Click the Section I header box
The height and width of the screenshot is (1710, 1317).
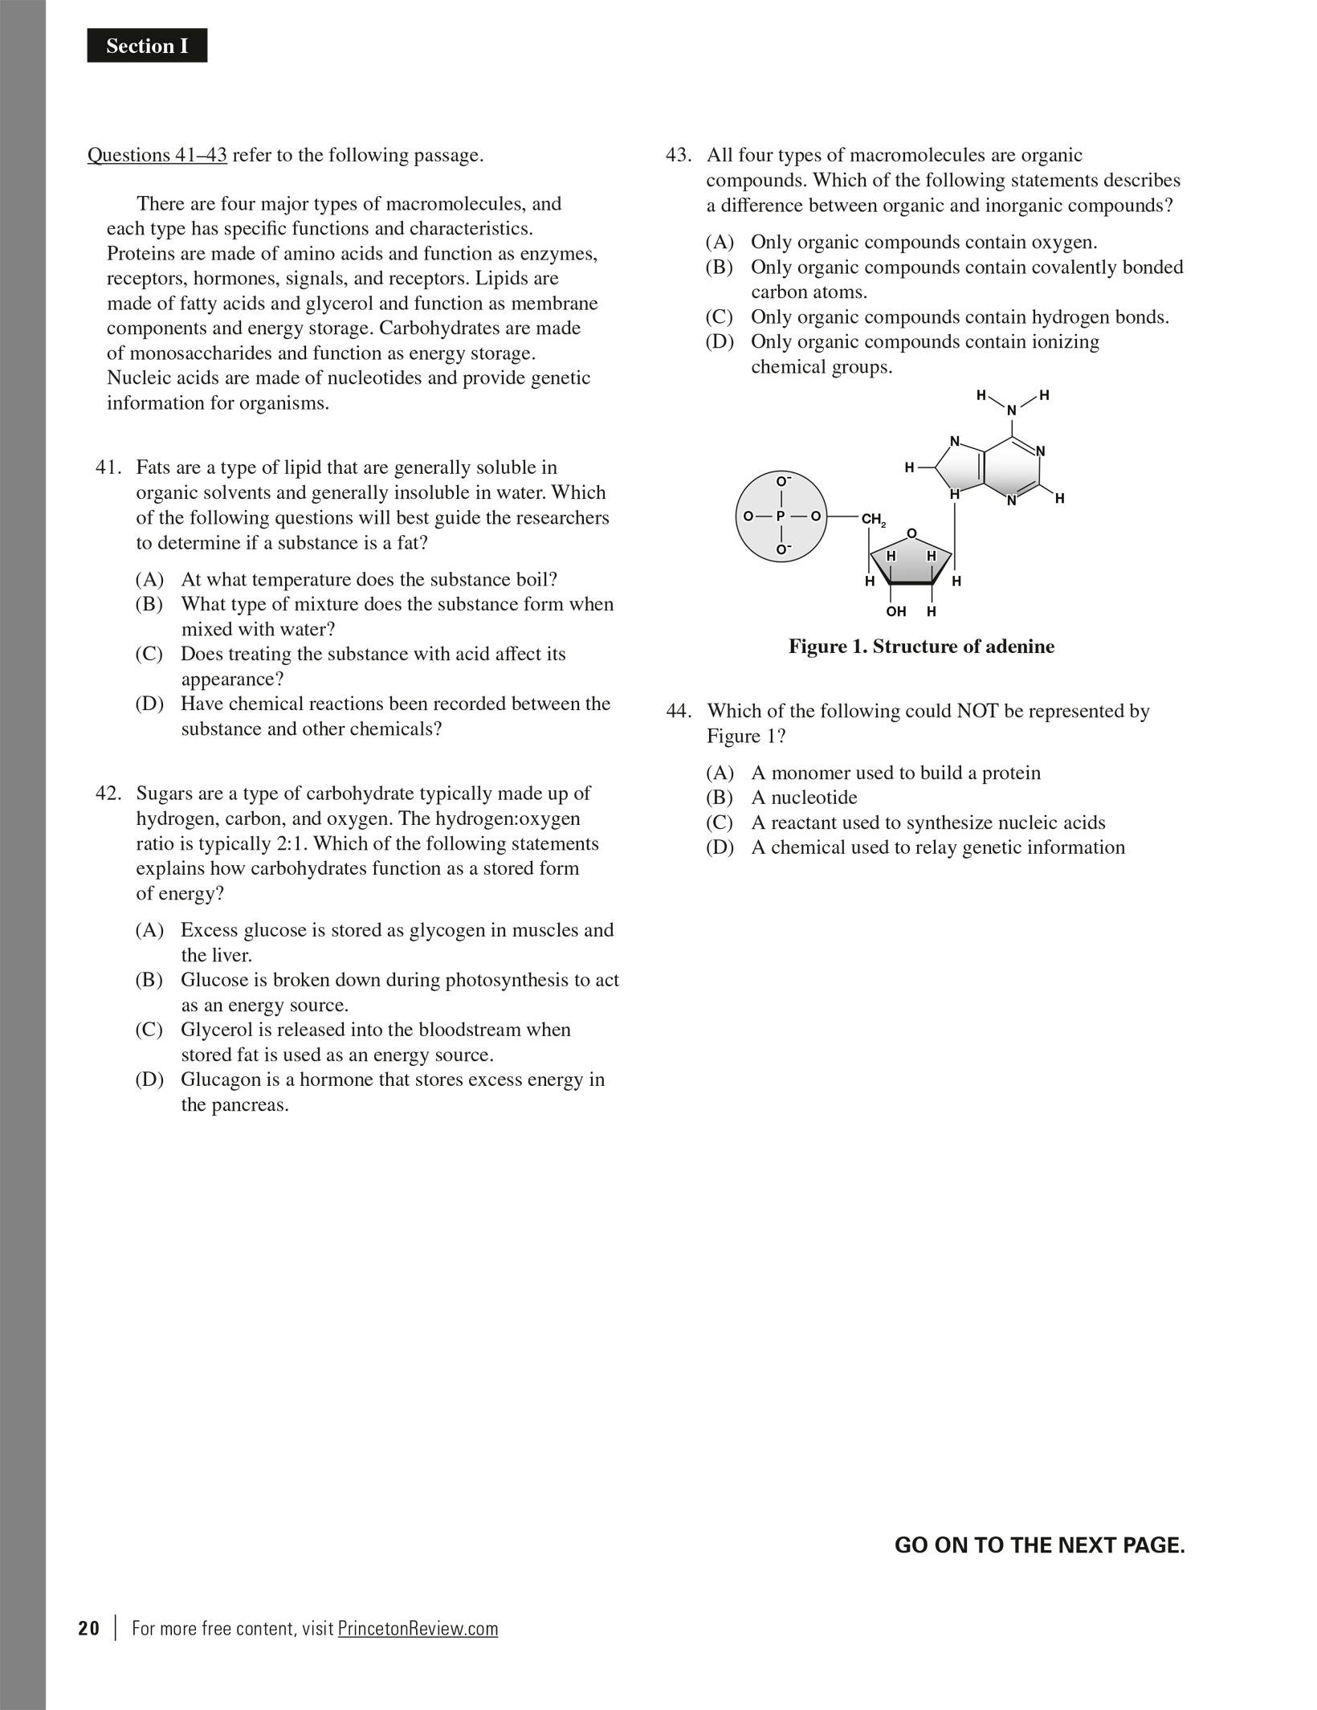point(147,46)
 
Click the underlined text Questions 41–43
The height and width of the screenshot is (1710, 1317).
point(157,155)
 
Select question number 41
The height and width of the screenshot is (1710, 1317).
point(108,467)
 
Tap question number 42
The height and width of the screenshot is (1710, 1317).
point(108,794)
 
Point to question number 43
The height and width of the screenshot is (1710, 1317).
point(679,155)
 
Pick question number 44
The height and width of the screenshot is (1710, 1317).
point(679,712)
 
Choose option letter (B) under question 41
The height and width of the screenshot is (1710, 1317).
point(149,604)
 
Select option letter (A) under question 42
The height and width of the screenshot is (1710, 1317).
point(149,930)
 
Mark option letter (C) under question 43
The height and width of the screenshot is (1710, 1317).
point(720,317)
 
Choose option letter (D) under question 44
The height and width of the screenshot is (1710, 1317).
point(720,847)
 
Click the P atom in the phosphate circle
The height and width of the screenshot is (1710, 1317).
point(781,516)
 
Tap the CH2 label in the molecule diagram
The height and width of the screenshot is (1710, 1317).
point(873,520)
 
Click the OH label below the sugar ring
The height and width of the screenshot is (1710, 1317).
point(896,611)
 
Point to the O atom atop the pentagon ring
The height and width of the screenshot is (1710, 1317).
point(911,533)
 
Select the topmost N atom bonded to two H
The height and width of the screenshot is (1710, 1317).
point(1012,410)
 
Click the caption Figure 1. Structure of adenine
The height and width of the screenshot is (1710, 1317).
point(921,647)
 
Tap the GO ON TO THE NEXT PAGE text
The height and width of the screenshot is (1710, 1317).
point(1039,1545)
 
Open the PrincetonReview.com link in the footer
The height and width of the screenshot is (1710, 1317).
point(418,1629)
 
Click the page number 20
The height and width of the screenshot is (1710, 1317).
point(89,1629)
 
